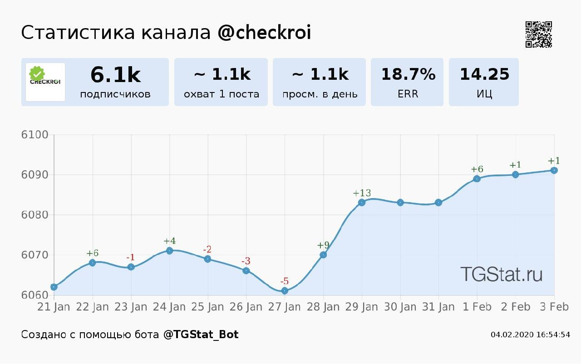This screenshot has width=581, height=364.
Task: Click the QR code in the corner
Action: (x=539, y=34)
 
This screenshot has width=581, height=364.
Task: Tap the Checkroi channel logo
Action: (x=45, y=82)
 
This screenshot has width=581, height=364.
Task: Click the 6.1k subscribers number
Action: (x=115, y=75)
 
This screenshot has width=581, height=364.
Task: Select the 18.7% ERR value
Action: (x=408, y=74)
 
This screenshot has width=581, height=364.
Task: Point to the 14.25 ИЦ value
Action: (x=484, y=74)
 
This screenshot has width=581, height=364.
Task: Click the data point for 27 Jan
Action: (x=285, y=291)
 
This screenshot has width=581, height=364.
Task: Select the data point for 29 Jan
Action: (x=362, y=202)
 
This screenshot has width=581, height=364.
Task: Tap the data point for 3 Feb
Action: (x=554, y=170)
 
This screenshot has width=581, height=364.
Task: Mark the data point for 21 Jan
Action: (x=54, y=286)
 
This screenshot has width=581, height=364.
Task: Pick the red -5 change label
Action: (x=285, y=281)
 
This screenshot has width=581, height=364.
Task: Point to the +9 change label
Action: (x=323, y=246)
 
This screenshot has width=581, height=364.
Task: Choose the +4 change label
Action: (x=169, y=241)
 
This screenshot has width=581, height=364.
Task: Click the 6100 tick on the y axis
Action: (x=34, y=135)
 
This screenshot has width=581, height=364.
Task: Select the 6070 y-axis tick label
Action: (x=34, y=255)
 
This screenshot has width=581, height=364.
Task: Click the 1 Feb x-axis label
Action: (x=477, y=307)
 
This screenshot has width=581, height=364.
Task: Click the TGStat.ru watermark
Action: (x=501, y=274)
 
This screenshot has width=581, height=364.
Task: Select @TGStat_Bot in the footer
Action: (x=201, y=335)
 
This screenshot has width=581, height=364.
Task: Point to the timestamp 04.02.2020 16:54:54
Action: (x=530, y=335)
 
